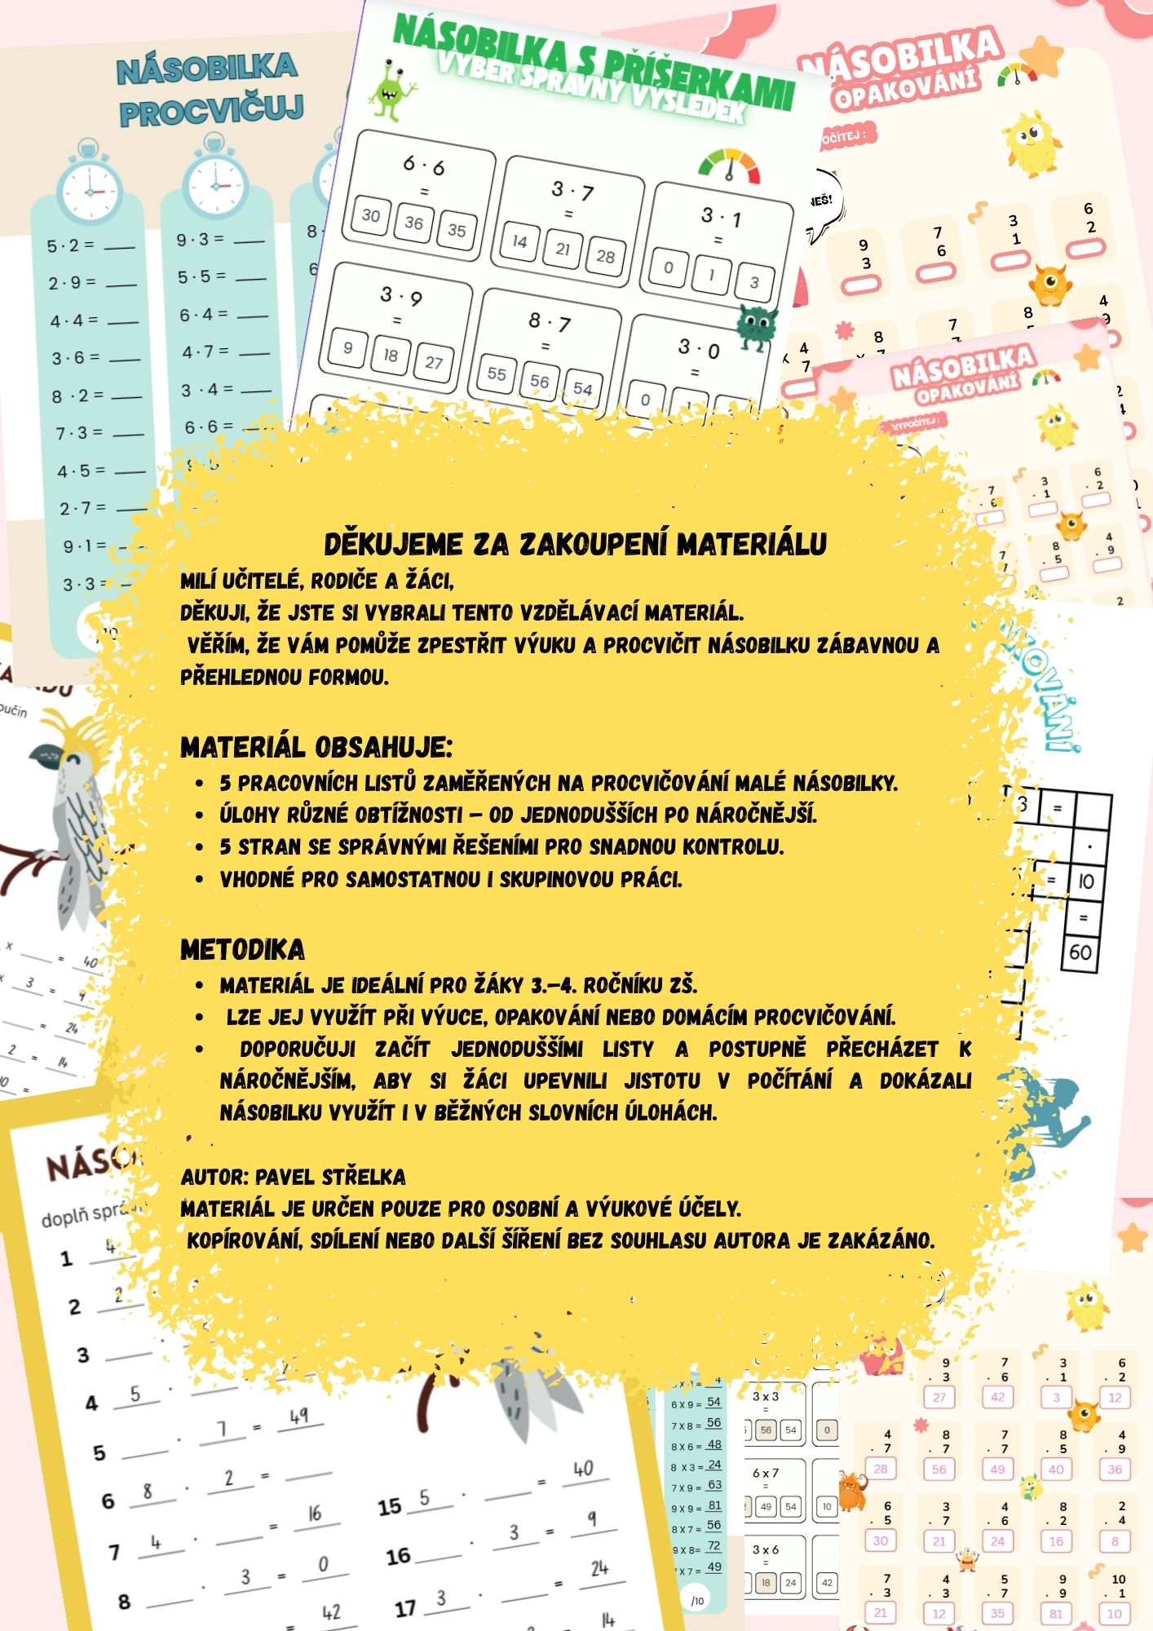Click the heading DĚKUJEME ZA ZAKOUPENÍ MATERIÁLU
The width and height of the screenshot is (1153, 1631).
coord(575,544)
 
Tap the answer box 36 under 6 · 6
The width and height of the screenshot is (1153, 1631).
coord(414,223)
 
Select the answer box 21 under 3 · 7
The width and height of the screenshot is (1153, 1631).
coord(562,249)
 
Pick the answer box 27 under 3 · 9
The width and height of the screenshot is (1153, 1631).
coord(433,362)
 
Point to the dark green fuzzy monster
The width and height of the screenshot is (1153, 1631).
coord(756,326)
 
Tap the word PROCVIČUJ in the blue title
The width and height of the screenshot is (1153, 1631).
coord(211,110)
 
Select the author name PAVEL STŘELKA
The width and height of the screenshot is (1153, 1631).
coord(330,1177)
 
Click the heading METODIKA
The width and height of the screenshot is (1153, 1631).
coord(243,949)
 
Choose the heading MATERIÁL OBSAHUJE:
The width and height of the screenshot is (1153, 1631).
coord(316,747)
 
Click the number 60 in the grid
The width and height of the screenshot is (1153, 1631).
coord(1080,952)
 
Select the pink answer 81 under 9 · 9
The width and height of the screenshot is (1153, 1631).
coord(1056,1612)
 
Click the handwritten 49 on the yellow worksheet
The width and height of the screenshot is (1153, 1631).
coord(298,1416)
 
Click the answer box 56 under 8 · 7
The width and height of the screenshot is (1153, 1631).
coord(539,381)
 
